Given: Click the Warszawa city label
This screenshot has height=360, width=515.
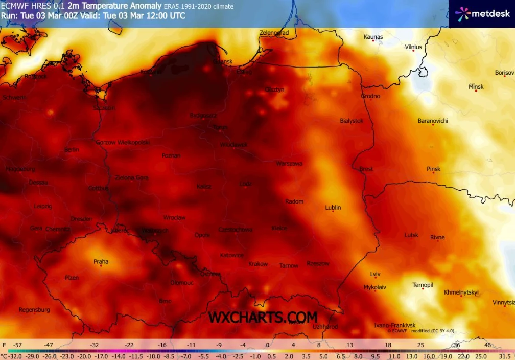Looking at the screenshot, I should pos(289,164).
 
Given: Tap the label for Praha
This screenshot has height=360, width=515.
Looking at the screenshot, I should pos(101,261).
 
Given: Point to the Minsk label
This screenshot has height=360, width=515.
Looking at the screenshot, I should pos(476,86).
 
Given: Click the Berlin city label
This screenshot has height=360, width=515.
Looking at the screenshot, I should pos(72,150).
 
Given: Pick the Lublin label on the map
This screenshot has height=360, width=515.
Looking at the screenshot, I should pos(333,207).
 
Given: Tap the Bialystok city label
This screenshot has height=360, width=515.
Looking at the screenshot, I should pos(352,121).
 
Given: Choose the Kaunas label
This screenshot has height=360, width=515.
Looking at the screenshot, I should pos(373,36).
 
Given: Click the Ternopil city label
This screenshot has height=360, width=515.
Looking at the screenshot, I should pos(423,284).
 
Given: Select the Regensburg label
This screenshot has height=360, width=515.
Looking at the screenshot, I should pos(34,309).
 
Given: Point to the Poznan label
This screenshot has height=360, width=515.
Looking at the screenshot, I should pos(171,155).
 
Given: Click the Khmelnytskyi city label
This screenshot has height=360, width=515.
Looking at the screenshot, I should pos(461,292).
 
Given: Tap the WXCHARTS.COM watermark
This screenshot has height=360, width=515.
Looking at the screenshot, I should pos(263,317).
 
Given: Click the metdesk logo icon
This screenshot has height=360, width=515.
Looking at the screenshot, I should pos(462,14).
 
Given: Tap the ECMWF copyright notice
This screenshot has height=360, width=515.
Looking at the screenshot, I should pos(420,331).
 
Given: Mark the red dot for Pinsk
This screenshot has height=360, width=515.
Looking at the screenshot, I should pos(433,173).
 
